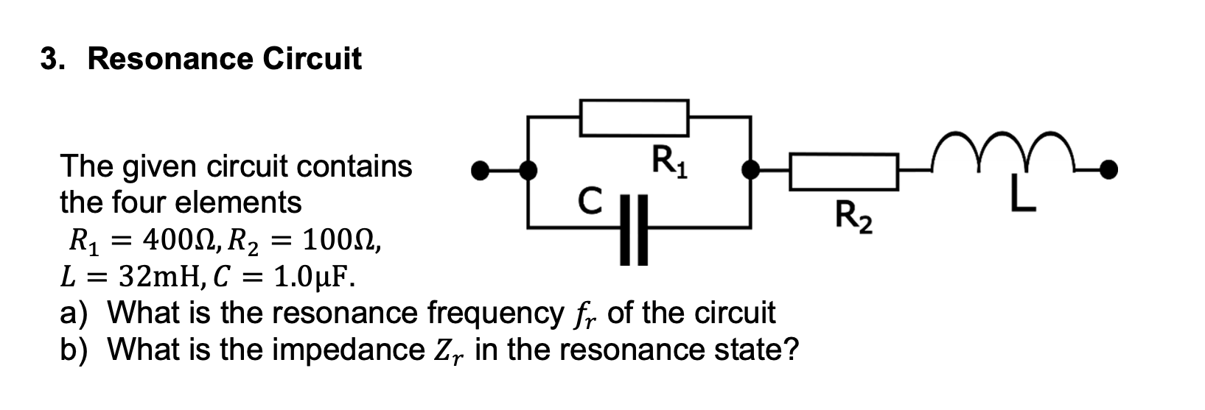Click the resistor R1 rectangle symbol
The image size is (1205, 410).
(x=634, y=118)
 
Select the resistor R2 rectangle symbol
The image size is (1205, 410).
(x=844, y=172)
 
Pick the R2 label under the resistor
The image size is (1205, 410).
(x=854, y=217)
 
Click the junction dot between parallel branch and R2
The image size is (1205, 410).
(x=750, y=171)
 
